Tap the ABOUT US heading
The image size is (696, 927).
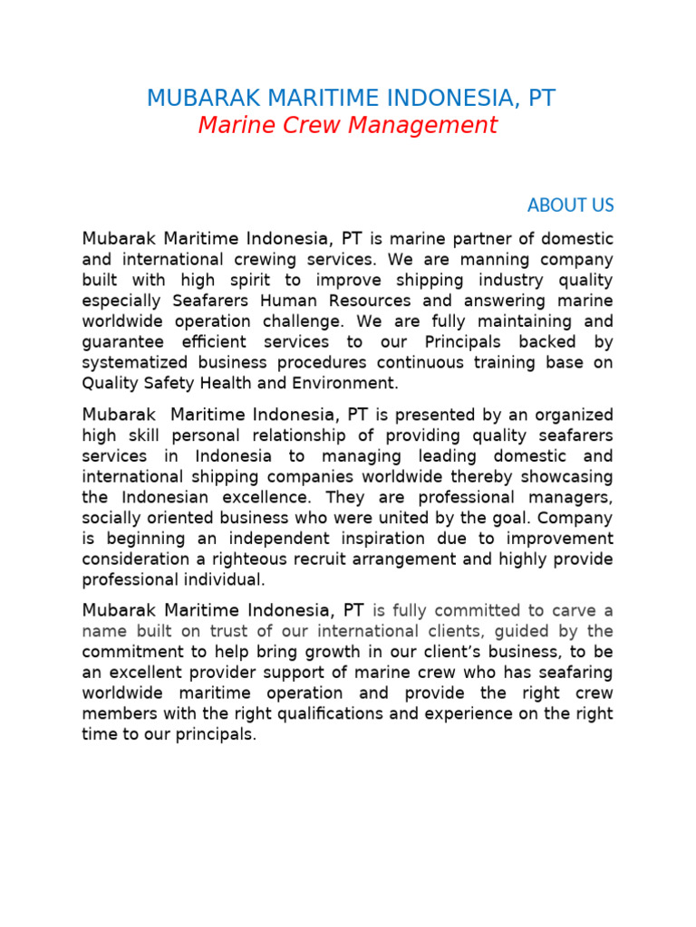[570, 205]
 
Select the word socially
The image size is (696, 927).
[113, 519]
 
